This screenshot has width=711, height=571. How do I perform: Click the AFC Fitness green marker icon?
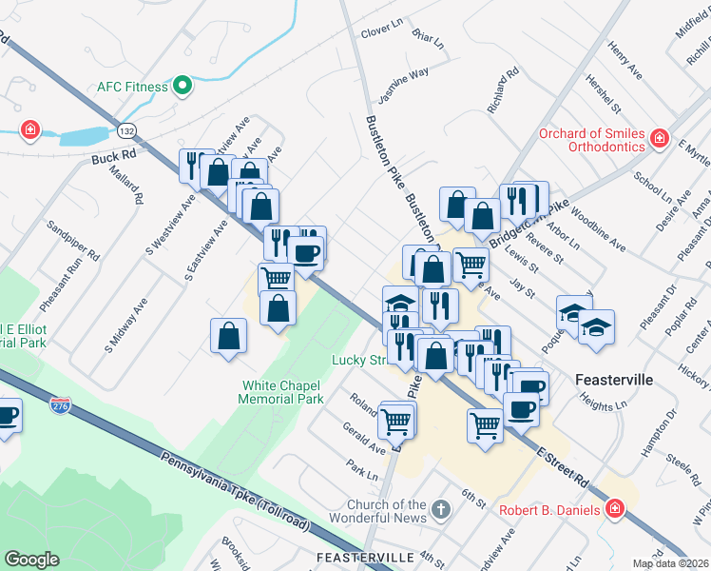[x=182, y=87]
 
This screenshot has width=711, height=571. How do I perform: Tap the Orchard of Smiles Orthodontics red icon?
[x=659, y=141]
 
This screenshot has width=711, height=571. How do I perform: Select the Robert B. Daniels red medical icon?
[x=614, y=510]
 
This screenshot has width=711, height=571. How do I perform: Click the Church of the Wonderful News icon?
[x=438, y=510]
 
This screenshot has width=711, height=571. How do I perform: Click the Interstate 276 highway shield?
[x=60, y=406]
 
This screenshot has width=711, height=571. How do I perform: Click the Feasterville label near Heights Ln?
[x=614, y=379]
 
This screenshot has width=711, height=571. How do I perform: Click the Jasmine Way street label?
[x=404, y=75]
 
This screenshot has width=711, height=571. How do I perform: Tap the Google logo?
[x=31, y=560]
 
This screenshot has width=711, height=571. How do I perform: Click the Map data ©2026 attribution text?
[x=669, y=563]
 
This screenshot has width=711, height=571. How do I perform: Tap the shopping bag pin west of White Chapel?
[x=229, y=336]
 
